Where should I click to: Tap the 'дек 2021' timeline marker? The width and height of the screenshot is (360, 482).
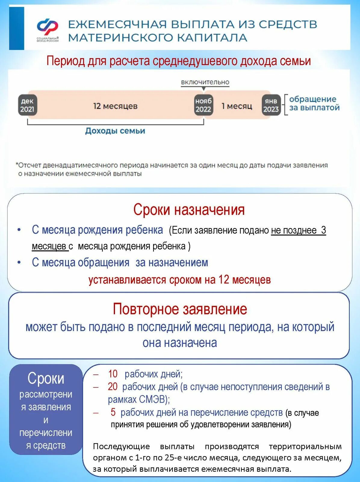pyautogui.click(x=27, y=105)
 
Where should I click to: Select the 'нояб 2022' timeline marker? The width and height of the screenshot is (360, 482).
pyautogui.click(x=203, y=105)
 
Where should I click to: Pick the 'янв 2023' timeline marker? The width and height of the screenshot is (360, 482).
pyautogui.click(x=271, y=105)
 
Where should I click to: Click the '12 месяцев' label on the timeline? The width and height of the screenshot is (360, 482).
pyautogui.click(x=115, y=106)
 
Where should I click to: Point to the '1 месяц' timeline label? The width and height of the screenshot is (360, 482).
pyautogui.click(x=237, y=106)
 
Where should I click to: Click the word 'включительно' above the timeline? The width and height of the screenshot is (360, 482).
pyautogui.click(x=205, y=82)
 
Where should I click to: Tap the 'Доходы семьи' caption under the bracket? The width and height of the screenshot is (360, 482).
pyautogui.click(x=115, y=131)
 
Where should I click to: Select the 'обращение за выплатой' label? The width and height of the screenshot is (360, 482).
pyautogui.click(x=314, y=103)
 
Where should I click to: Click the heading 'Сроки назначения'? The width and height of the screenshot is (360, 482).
pyautogui.click(x=189, y=210)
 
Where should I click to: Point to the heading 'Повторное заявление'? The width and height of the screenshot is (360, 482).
pyautogui.click(x=180, y=309)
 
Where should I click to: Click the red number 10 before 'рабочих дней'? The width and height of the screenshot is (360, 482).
pyautogui.click(x=113, y=374)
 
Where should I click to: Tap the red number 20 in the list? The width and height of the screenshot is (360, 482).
pyautogui.click(x=113, y=387)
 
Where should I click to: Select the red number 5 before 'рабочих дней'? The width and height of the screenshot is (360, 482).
pyautogui.click(x=113, y=412)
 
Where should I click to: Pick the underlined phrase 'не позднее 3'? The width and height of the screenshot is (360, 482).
pyautogui.click(x=298, y=230)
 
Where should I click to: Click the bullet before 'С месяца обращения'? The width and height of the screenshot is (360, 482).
pyautogui.click(x=19, y=262)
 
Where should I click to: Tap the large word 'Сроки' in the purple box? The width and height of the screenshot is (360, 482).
pyautogui.click(x=46, y=378)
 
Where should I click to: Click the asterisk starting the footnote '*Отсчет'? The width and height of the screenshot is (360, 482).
pyautogui.click(x=17, y=164)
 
